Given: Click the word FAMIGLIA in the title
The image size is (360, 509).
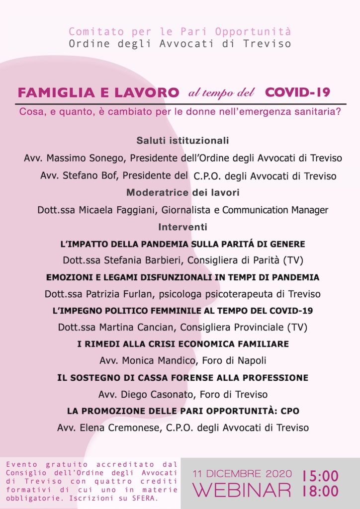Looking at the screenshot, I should point(48,92).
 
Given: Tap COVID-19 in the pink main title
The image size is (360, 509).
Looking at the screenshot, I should point(297,92).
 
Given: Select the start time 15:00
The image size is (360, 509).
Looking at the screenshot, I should point(321,476).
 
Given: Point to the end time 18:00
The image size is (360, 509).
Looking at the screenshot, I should point(321,492).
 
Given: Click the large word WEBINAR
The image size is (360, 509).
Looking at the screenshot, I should point(242,490).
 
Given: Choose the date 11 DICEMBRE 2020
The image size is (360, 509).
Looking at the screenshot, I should point(242,474).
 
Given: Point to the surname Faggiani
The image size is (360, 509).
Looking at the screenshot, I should point(136,210).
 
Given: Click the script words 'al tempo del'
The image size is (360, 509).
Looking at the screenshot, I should point(221,93).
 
